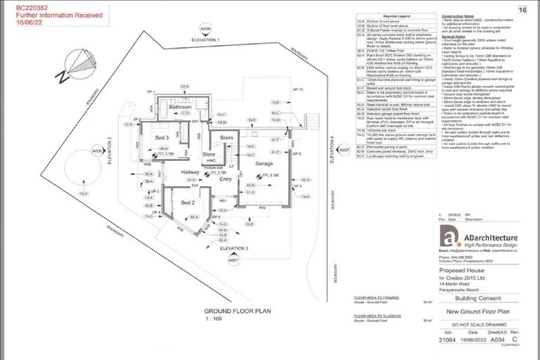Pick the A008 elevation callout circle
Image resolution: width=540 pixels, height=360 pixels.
coord(98,151)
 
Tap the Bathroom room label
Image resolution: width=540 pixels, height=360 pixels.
coord(181,105)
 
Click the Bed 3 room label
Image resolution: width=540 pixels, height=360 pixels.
coord(162,138)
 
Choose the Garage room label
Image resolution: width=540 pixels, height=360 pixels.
coord(264,163)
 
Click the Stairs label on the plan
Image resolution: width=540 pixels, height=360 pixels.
coord(226,138)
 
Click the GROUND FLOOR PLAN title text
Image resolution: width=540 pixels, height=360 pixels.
coord(233,310)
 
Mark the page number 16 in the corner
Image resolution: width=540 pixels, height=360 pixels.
coord(522,10)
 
